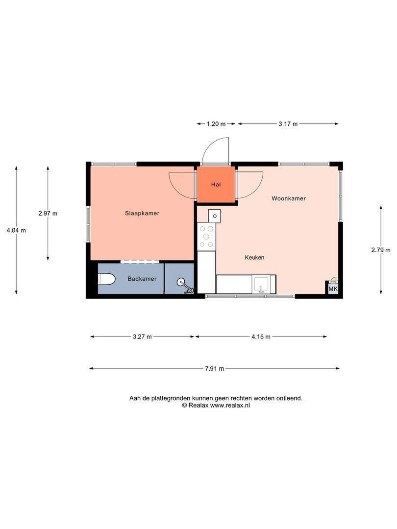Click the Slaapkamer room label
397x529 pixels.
142,213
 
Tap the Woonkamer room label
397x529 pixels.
289,198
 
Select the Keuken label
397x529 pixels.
255,257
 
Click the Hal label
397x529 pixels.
216,185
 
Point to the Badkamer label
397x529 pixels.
142,279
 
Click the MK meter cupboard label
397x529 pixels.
333,289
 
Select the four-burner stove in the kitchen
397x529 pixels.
206,236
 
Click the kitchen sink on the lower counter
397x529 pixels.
261,284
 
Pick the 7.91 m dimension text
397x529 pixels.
214,369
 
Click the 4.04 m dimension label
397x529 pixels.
16,230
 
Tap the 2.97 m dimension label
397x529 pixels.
48,213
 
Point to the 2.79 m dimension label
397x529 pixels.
381,250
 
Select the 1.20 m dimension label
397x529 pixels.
216,124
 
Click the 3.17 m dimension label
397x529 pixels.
288,124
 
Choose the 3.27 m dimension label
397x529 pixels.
142,337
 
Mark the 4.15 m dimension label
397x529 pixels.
261,337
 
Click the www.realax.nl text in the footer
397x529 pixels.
230,406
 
